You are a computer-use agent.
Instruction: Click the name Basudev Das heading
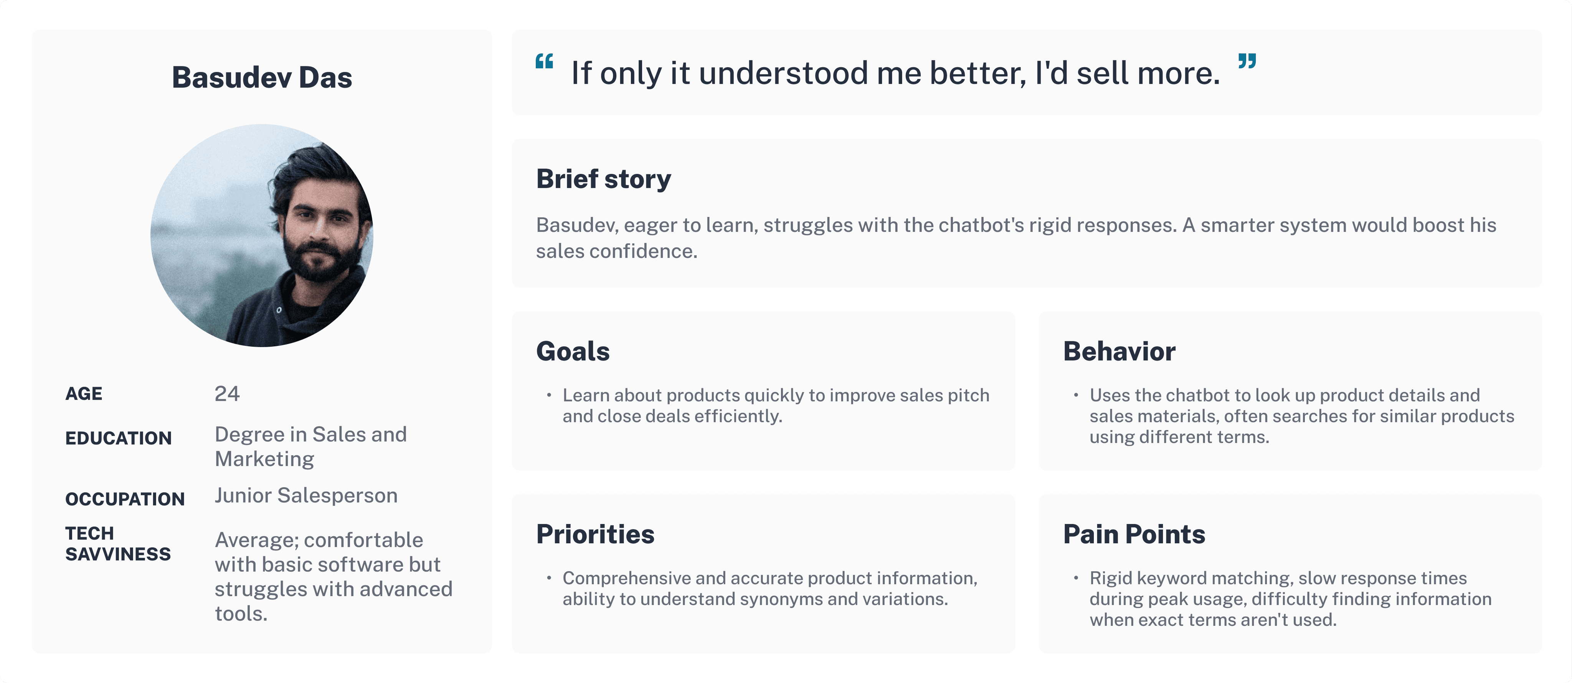[x=262, y=78]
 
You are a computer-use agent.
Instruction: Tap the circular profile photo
[x=262, y=236]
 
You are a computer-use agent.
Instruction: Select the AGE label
[x=84, y=394]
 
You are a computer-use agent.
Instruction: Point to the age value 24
[x=227, y=394]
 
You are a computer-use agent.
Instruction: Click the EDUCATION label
[x=118, y=438]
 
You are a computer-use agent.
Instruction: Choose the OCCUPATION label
[x=124, y=499]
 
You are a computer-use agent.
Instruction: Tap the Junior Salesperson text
[x=306, y=496]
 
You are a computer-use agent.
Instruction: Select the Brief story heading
[x=604, y=179]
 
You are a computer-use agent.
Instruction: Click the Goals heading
[x=572, y=352]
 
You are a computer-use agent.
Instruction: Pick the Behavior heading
[x=1119, y=352]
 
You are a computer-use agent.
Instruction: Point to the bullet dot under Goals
[x=549, y=395]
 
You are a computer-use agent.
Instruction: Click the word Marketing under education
[x=264, y=459]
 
